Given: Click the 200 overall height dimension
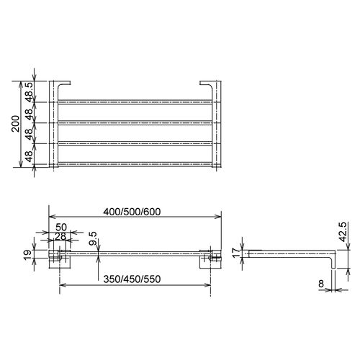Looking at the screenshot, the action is (x=16, y=124).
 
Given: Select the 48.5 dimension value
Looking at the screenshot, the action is (x=29, y=92).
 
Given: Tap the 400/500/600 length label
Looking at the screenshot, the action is (x=132, y=212).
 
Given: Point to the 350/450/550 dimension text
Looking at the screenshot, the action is (x=132, y=279).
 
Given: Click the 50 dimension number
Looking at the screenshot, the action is (x=61, y=227).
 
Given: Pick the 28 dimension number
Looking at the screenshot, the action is (x=60, y=237).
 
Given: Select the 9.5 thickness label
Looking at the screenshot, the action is (x=93, y=238).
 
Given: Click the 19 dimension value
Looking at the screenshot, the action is (x=27, y=255).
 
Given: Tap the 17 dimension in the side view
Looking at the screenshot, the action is (x=236, y=253).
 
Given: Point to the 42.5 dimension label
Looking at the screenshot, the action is (x=343, y=232).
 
